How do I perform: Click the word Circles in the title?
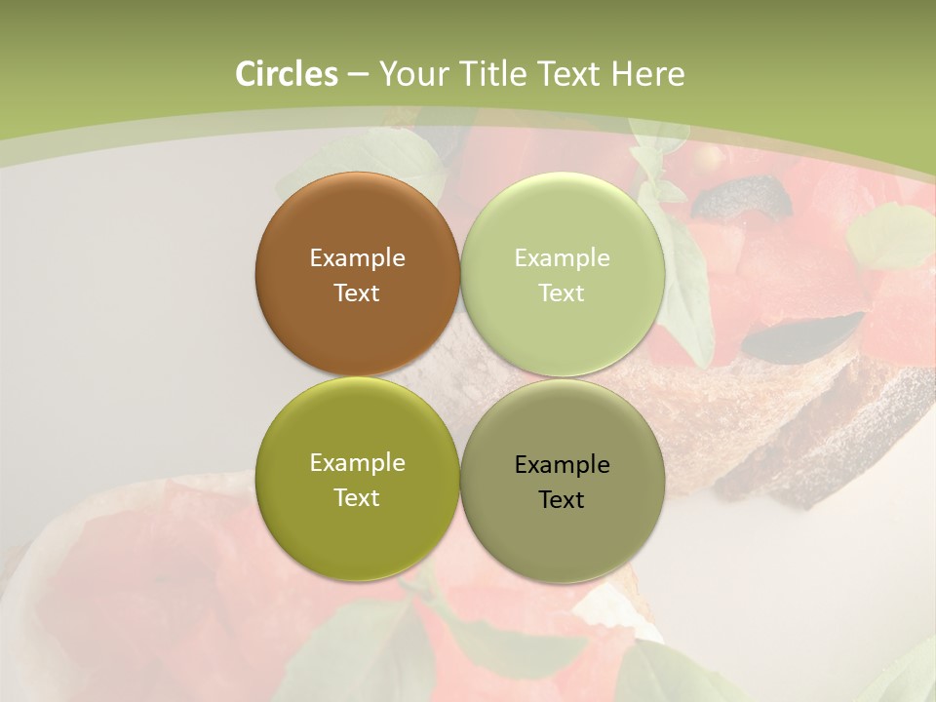coord(287,74)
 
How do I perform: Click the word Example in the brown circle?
coord(357,257)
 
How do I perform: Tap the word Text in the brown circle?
coord(357,292)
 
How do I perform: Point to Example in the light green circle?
coord(563,257)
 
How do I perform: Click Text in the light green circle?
coord(563,292)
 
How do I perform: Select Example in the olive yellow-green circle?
coord(357,462)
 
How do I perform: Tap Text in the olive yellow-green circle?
coord(357,497)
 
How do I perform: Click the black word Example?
coord(563,464)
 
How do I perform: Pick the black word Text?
coord(563,499)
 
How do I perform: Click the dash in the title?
coord(358,74)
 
